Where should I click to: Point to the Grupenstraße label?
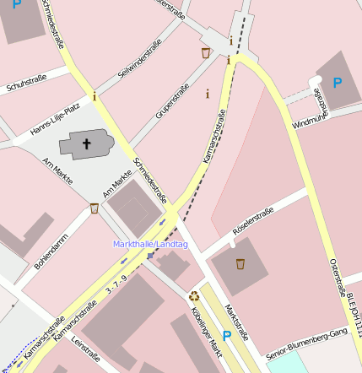click(172, 101)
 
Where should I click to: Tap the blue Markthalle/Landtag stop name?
click(150, 244)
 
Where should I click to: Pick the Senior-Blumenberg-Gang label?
click(305, 345)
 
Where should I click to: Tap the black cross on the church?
click(86, 143)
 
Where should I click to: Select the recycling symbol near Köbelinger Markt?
click(194, 295)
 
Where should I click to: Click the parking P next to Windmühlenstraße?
click(338, 83)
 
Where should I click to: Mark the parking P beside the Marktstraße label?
click(226, 335)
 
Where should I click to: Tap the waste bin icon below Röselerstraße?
click(240, 264)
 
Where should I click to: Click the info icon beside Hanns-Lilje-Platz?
click(95, 97)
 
